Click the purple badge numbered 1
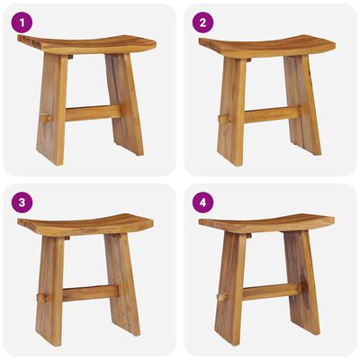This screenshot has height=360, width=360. pos(22,22)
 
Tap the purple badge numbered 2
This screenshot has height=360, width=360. pos(202,22)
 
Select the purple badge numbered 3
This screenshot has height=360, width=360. pos(22,202)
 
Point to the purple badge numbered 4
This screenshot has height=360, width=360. pos(202,202)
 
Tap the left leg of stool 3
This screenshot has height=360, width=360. pos(50,283)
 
